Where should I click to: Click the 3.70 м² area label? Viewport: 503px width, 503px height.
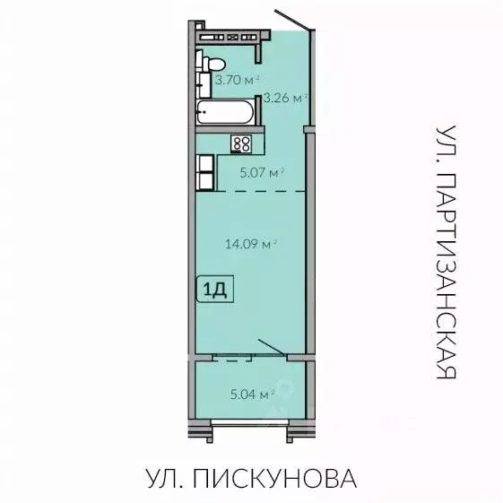tap(236, 80)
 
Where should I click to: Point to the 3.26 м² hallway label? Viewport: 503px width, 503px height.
tap(284, 98)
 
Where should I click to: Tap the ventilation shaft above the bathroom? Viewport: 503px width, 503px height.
tap(232, 37)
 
